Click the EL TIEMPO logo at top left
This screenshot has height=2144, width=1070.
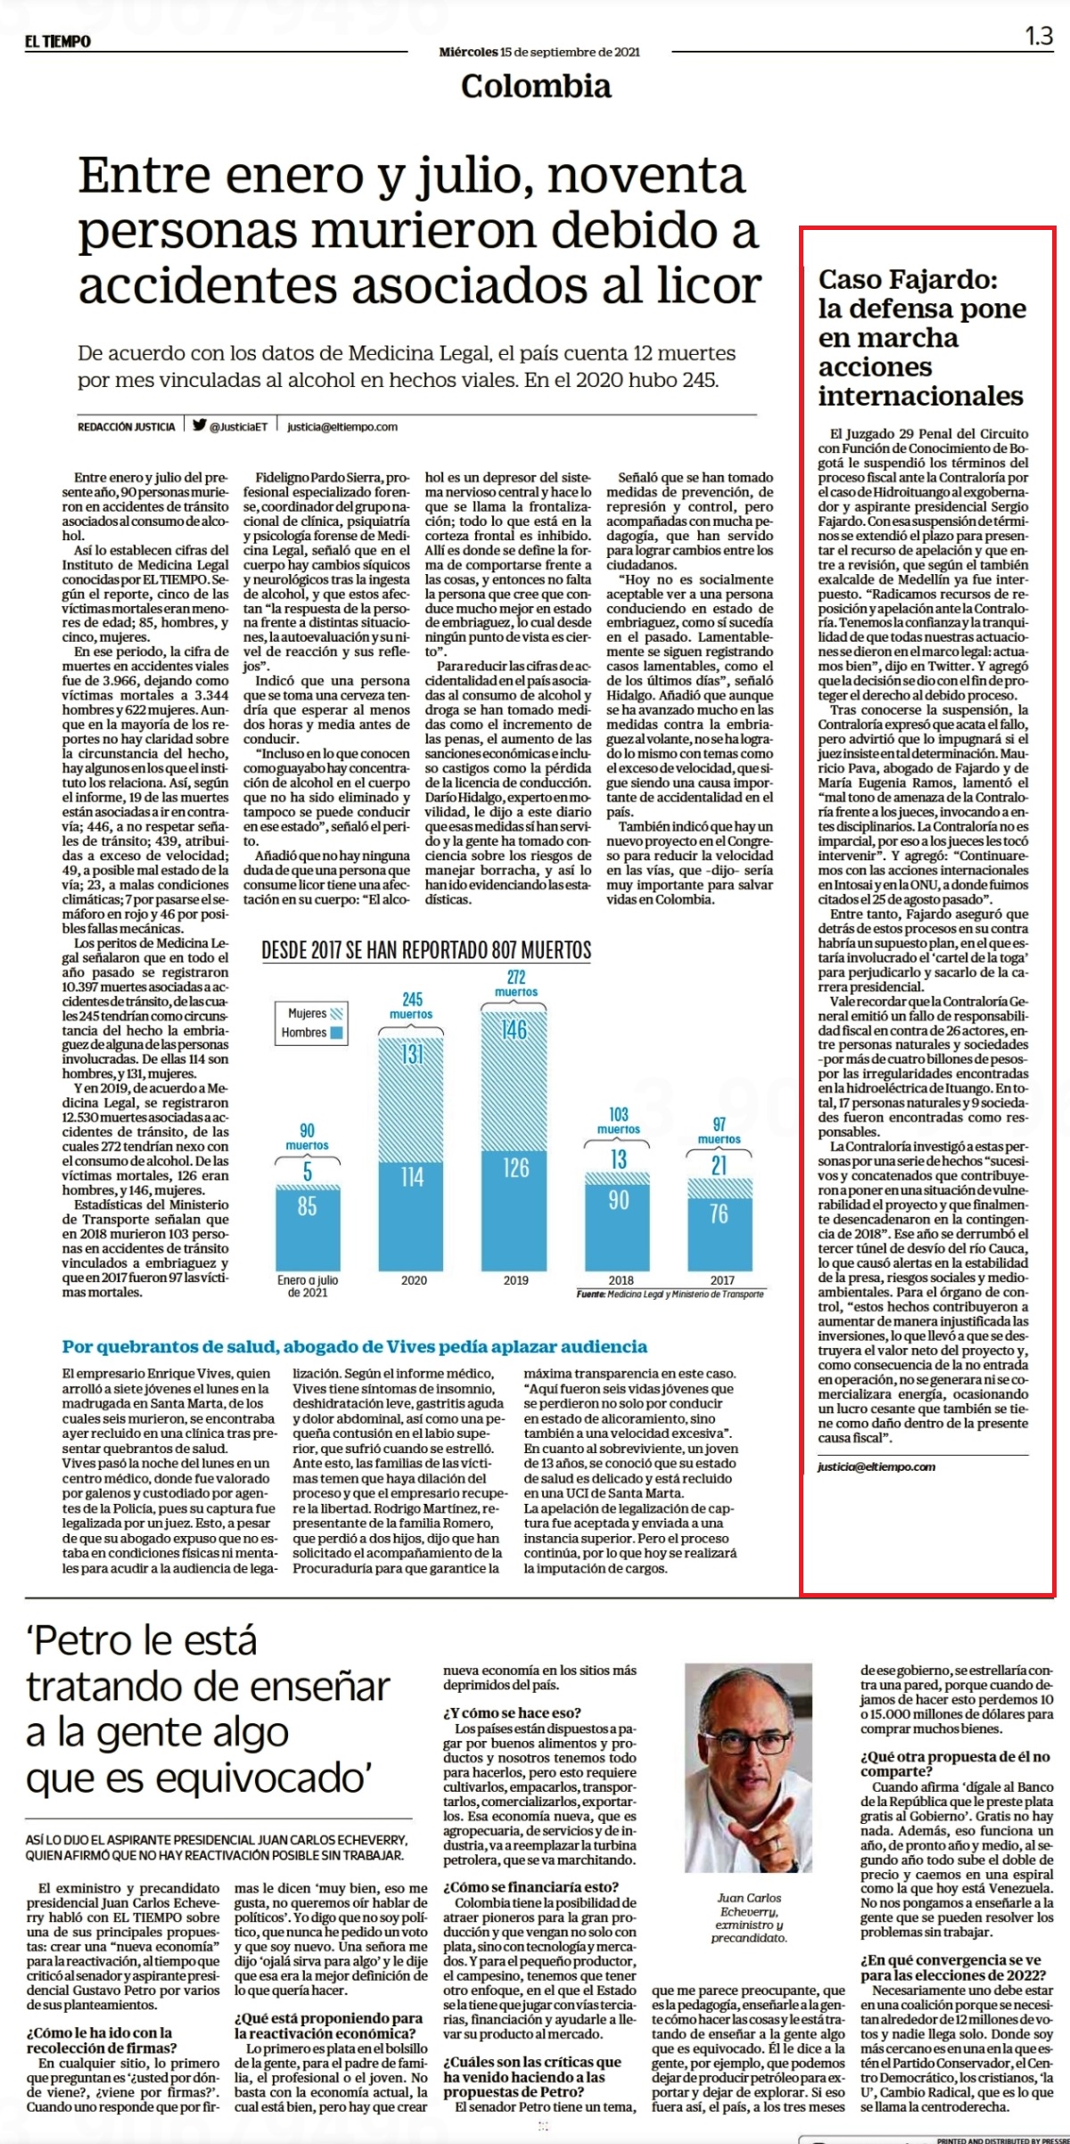point(58,41)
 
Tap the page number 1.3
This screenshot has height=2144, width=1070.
point(1039,37)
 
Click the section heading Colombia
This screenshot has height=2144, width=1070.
point(536,86)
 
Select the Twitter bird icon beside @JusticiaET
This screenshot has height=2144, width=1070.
point(200,425)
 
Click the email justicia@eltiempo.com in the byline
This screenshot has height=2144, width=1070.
point(342,426)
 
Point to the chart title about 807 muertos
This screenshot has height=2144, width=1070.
point(426,950)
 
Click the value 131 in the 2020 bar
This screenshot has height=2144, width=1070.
point(412,1055)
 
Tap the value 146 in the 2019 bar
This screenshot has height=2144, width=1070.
point(516,1031)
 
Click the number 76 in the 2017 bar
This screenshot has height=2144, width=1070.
point(719,1213)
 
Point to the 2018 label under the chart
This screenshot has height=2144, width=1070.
point(621,1280)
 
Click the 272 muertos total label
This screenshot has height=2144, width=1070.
point(516,982)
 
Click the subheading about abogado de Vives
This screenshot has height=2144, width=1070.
point(355,1346)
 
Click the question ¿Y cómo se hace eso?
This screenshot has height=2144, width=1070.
point(512,1713)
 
